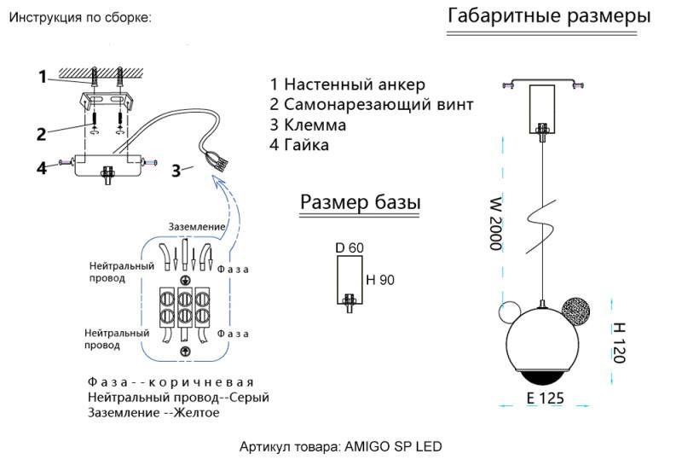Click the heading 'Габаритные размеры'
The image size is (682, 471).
548,16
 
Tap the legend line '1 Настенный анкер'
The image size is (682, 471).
347,84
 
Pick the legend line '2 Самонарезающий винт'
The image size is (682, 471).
371,105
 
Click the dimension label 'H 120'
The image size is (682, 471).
620,342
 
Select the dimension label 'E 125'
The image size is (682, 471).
545,398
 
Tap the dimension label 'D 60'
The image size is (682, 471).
350,247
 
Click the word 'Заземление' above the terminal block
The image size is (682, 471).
197,226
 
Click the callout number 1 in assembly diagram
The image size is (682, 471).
42,77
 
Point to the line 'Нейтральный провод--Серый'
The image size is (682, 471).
178,398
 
